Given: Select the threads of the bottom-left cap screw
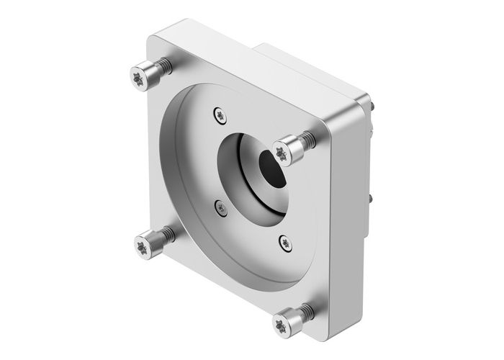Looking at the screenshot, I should click(x=168, y=234).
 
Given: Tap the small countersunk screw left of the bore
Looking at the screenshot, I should click(x=221, y=207).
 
